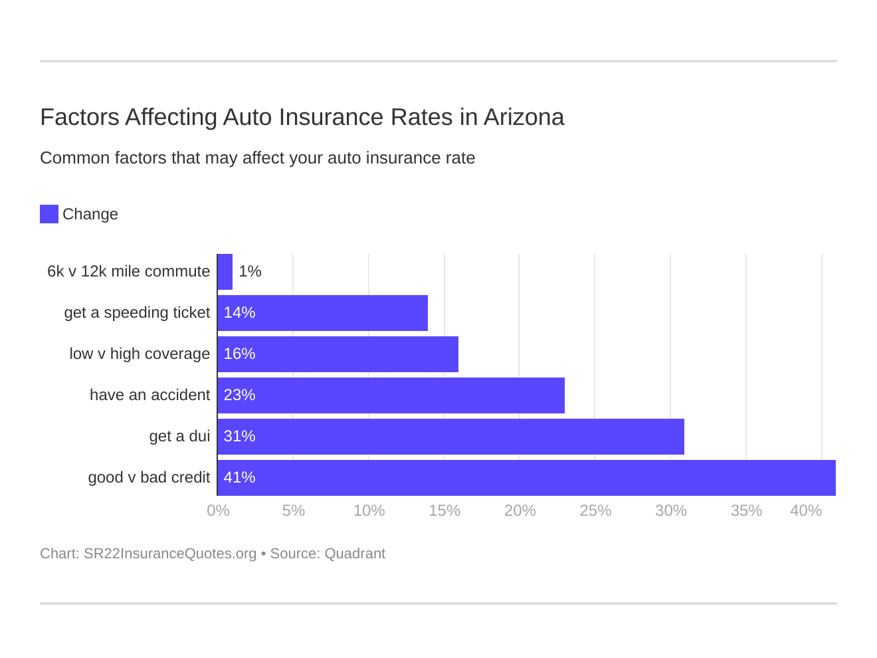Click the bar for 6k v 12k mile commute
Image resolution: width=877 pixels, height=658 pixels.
tap(225, 272)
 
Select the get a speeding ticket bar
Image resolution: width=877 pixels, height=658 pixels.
tap(323, 313)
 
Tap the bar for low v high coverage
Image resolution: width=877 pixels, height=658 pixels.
tap(338, 354)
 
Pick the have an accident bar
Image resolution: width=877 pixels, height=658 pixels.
tap(391, 395)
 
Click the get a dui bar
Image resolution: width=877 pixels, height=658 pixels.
tap(451, 437)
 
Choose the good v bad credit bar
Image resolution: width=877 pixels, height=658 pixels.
tap(526, 478)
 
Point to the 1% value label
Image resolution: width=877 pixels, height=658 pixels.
tap(250, 272)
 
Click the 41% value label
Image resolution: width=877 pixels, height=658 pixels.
tap(239, 478)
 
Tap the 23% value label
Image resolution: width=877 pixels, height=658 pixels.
tap(239, 395)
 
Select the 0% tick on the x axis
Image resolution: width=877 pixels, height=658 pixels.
tap(218, 510)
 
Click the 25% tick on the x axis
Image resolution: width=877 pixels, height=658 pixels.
tap(595, 510)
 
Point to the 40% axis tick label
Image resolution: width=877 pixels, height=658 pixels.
tap(805, 510)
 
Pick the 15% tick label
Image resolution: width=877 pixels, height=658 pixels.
tap(444, 510)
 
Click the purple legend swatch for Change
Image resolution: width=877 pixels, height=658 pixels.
tap(49, 214)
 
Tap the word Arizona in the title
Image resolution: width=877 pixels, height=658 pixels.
tap(524, 118)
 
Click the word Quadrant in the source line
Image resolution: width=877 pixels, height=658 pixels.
tap(355, 554)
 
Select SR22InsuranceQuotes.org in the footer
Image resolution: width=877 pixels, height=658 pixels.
tap(170, 554)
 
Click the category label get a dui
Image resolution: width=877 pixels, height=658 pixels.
tap(179, 437)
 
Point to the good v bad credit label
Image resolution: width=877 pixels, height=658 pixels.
tap(149, 478)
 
